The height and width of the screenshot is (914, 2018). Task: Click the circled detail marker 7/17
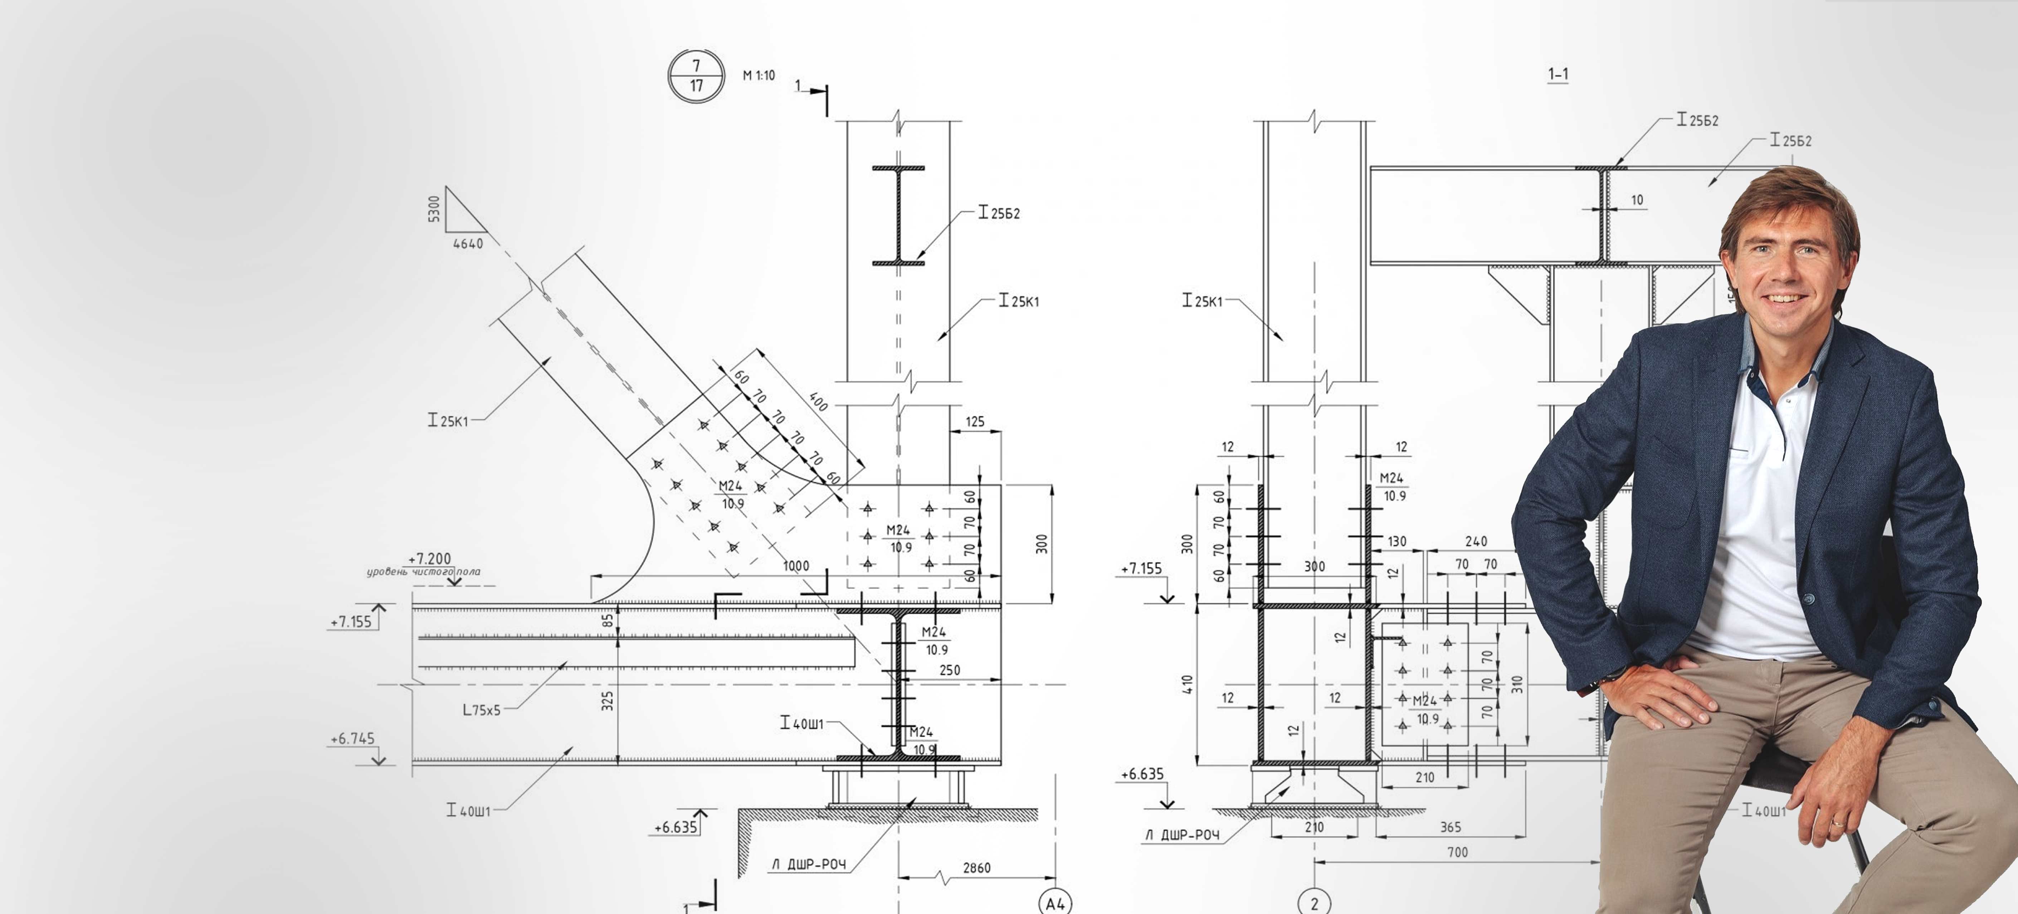pyautogui.click(x=696, y=76)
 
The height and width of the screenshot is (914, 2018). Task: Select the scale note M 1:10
pyautogui.click(x=758, y=75)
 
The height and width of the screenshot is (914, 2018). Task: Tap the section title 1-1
pyautogui.click(x=1558, y=74)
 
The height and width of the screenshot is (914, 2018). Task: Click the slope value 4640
pyautogui.click(x=468, y=244)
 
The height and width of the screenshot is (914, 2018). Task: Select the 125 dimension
pyautogui.click(x=975, y=422)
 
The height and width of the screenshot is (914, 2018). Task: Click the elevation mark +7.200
pyautogui.click(x=429, y=558)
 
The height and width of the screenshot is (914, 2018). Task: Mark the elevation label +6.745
pyautogui.click(x=352, y=739)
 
